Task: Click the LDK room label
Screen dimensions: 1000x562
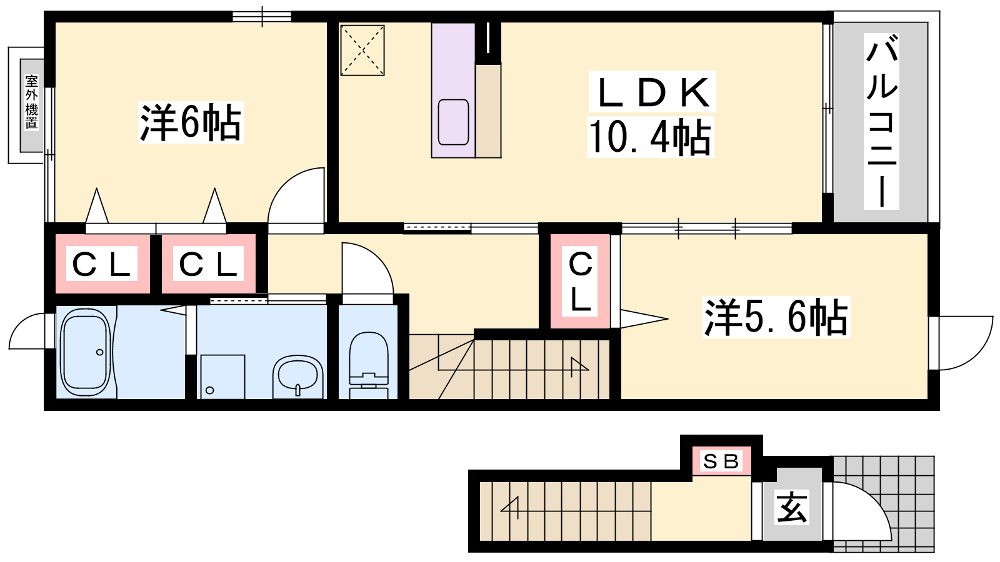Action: pyautogui.click(x=651, y=93)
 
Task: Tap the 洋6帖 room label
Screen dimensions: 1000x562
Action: pyautogui.click(x=191, y=122)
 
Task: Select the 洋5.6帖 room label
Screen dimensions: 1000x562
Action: pyautogui.click(x=776, y=317)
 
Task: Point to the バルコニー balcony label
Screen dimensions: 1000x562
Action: pyautogui.click(x=881, y=121)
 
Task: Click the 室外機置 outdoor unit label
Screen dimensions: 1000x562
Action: pyautogui.click(x=32, y=102)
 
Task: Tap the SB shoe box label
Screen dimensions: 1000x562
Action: pyautogui.click(x=721, y=461)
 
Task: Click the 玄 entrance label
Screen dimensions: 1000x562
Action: pyautogui.click(x=791, y=507)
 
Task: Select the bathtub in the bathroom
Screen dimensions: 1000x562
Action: pyautogui.click(x=85, y=352)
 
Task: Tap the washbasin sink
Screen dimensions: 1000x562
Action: pyautogui.click(x=297, y=376)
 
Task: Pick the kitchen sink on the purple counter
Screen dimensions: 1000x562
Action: pyautogui.click(x=453, y=122)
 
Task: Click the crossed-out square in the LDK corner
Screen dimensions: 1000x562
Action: pyautogui.click(x=362, y=51)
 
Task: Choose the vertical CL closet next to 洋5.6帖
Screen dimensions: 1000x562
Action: pyautogui.click(x=580, y=282)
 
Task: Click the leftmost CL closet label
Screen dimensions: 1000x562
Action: pyautogui.click(x=101, y=264)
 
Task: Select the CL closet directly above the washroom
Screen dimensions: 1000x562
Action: pyautogui.click(x=208, y=264)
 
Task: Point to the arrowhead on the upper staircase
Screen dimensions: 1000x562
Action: pyautogui.click(x=580, y=366)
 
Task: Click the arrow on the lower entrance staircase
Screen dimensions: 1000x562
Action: pyautogui.click(x=509, y=508)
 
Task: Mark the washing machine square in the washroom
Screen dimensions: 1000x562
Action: pyautogui.click(x=222, y=377)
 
